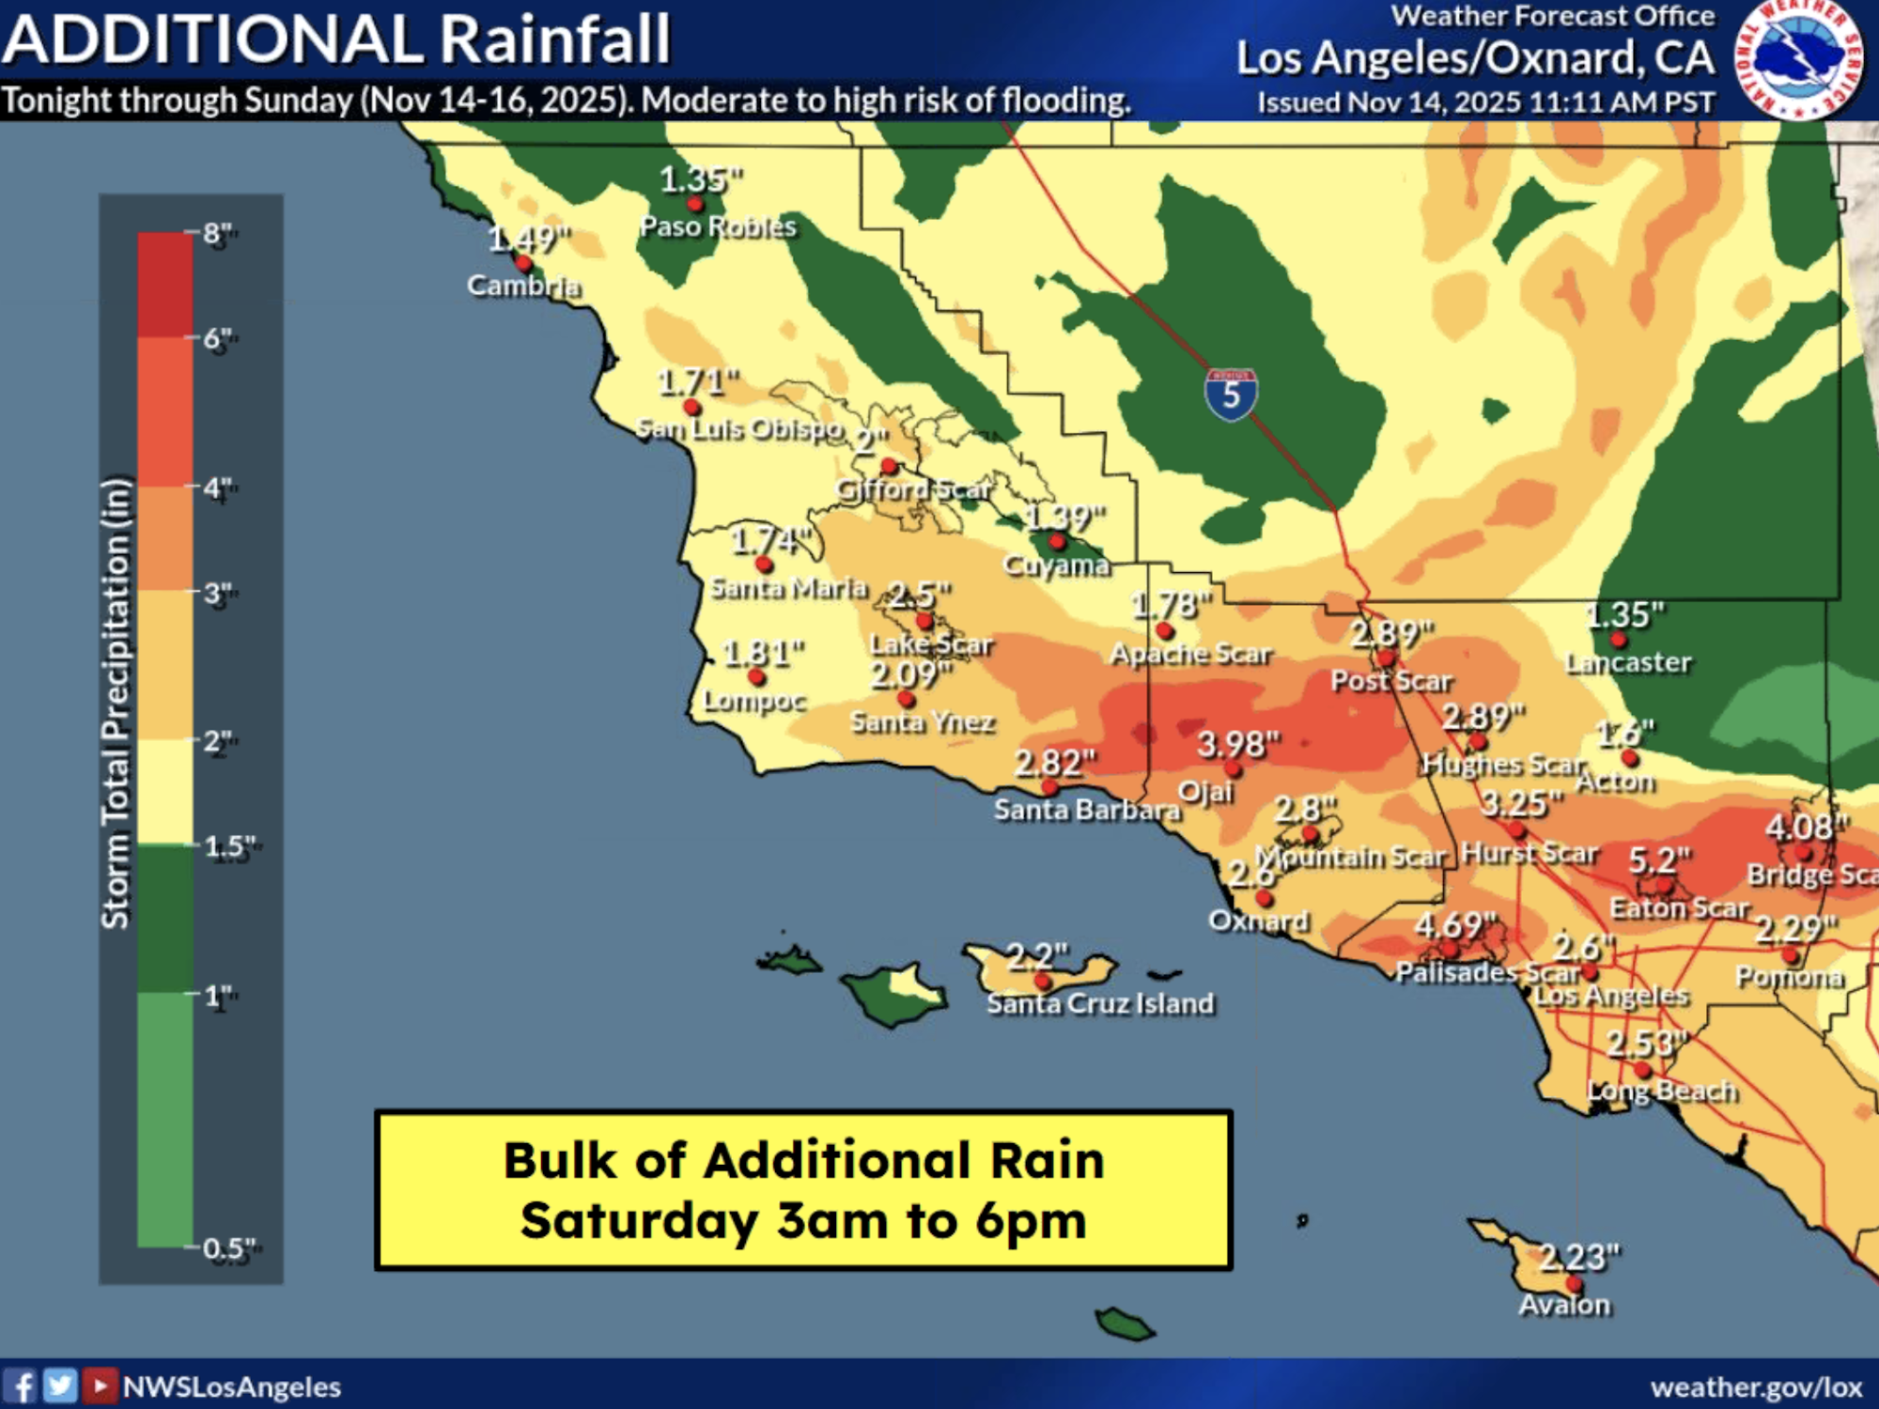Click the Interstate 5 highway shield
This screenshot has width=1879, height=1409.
tap(1231, 395)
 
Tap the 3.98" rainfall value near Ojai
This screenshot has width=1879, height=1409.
tap(1237, 745)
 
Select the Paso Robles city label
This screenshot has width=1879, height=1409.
tap(718, 226)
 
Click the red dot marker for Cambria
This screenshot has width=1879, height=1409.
tap(523, 264)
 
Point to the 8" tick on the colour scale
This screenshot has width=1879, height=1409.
tap(217, 233)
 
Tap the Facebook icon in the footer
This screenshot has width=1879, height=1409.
tap(21, 1386)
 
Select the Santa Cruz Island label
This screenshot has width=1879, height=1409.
tap(1099, 1003)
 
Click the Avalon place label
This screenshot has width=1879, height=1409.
tap(1564, 1305)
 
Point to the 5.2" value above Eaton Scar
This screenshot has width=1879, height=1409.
tap(1658, 860)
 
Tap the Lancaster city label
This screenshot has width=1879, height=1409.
tap(1627, 663)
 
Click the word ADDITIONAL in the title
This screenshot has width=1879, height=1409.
tap(212, 39)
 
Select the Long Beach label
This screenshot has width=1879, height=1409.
tap(1661, 1091)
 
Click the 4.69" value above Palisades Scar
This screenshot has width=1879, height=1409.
tap(1454, 925)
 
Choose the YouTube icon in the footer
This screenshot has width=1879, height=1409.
tap(100, 1386)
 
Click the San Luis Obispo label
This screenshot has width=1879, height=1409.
tap(739, 429)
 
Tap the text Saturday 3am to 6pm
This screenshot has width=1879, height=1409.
tap(803, 1220)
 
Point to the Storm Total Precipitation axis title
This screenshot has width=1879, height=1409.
tap(115, 704)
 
